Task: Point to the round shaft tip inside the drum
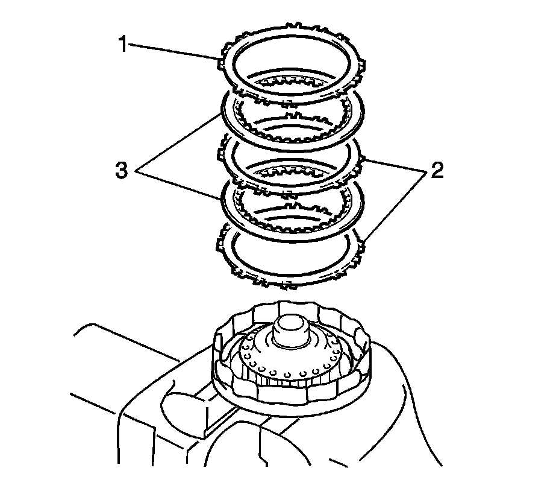click(x=292, y=329)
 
